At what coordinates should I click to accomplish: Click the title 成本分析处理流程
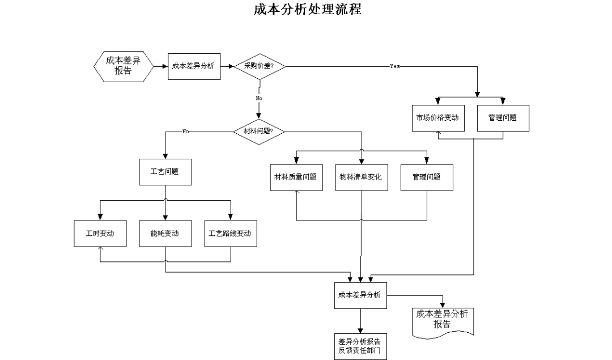tap(308, 9)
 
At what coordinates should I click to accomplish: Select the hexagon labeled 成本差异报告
tap(124, 66)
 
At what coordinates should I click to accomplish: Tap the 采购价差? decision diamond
tap(260, 66)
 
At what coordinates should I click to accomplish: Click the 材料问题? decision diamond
tap(259, 132)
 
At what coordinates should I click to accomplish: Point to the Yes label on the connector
tap(394, 66)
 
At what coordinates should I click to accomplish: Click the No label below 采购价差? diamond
tap(259, 99)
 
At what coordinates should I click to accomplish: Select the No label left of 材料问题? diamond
tap(185, 132)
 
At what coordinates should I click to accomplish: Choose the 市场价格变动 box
tap(438, 118)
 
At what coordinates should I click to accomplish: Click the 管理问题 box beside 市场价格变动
tap(503, 118)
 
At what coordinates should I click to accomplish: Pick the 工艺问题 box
tap(165, 172)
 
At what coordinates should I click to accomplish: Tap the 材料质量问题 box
tap(296, 177)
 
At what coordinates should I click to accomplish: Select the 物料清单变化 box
tap(362, 177)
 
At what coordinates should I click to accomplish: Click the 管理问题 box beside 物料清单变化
tap(427, 177)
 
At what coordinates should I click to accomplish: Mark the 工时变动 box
tap(100, 234)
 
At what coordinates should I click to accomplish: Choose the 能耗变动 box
tap(165, 234)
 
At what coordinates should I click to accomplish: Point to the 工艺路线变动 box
tap(230, 234)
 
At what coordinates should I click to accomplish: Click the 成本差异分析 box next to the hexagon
tap(194, 66)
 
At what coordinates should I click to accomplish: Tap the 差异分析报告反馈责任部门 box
tap(360, 346)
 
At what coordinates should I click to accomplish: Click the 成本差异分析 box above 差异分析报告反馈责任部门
tap(360, 295)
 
